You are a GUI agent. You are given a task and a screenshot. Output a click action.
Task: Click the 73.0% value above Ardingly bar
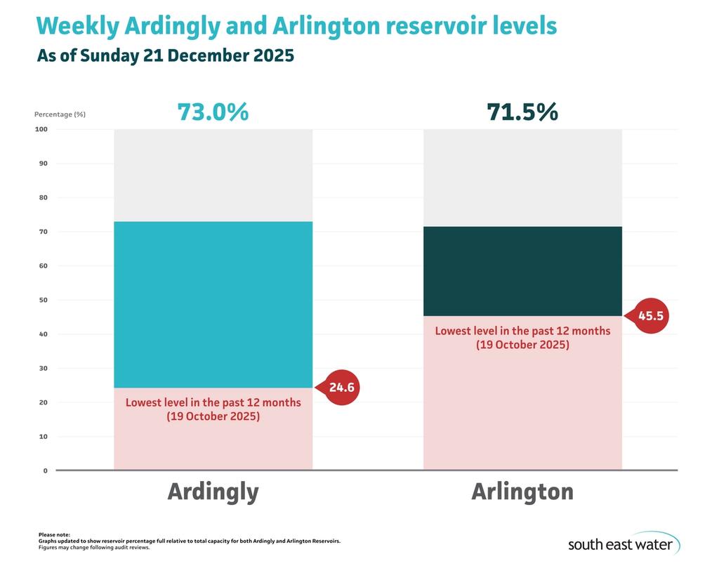pyautogui.click(x=213, y=112)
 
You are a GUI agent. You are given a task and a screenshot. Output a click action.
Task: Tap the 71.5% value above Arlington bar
pyautogui.click(x=522, y=112)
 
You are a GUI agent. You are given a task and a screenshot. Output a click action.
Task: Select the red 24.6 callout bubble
pyautogui.click(x=341, y=386)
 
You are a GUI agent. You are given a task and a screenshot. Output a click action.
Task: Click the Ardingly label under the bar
pyautogui.click(x=213, y=491)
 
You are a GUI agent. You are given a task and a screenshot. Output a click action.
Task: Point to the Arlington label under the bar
pyautogui.click(x=522, y=491)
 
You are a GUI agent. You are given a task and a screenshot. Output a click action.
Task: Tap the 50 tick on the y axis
pyautogui.click(x=43, y=300)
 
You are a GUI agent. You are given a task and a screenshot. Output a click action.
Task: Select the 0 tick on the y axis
pyautogui.click(x=45, y=470)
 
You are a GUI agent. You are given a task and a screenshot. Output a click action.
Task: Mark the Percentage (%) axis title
pyautogui.click(x=60, y=114)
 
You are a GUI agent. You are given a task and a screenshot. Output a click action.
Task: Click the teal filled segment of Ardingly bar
pyautogui.click(x=213, y=305)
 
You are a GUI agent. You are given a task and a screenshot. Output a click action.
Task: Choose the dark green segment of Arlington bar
pyautogui.click(x=522, y=271)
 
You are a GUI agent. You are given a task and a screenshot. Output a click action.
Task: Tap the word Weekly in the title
pyautogui.click(x=77, y=26)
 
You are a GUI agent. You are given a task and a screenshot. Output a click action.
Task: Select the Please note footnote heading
pyautogui.click(x=54, y=535)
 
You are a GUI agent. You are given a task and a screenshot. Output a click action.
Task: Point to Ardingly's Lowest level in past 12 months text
pyautogui.click(x=213, y=402)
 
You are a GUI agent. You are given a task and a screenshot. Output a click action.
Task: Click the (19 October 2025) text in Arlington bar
pyautogui.click(x=522, y=345)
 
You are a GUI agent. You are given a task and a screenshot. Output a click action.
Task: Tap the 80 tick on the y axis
pyautogui.click(x=43, y=197)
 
